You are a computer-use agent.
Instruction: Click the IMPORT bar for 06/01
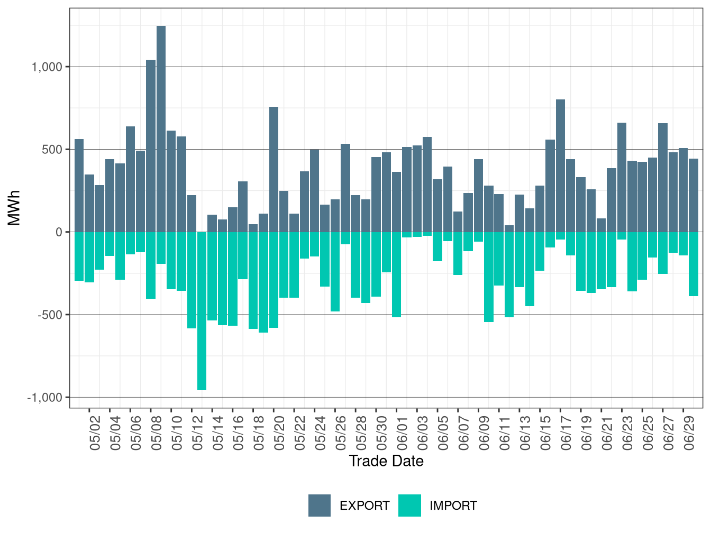(x=396, y=274)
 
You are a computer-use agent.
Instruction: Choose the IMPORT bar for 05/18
(x=253, y=280)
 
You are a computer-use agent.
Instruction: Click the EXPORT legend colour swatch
(x=320, y=506)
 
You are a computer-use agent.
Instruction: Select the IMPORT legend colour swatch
(x=409, y=506)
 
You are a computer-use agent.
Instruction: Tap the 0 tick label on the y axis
(x=59, y=232)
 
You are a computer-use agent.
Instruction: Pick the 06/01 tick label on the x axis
(x=402, y=433)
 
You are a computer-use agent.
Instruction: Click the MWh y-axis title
(x=14, y=208)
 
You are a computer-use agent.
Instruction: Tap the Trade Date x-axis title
(x=386, y=461)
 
